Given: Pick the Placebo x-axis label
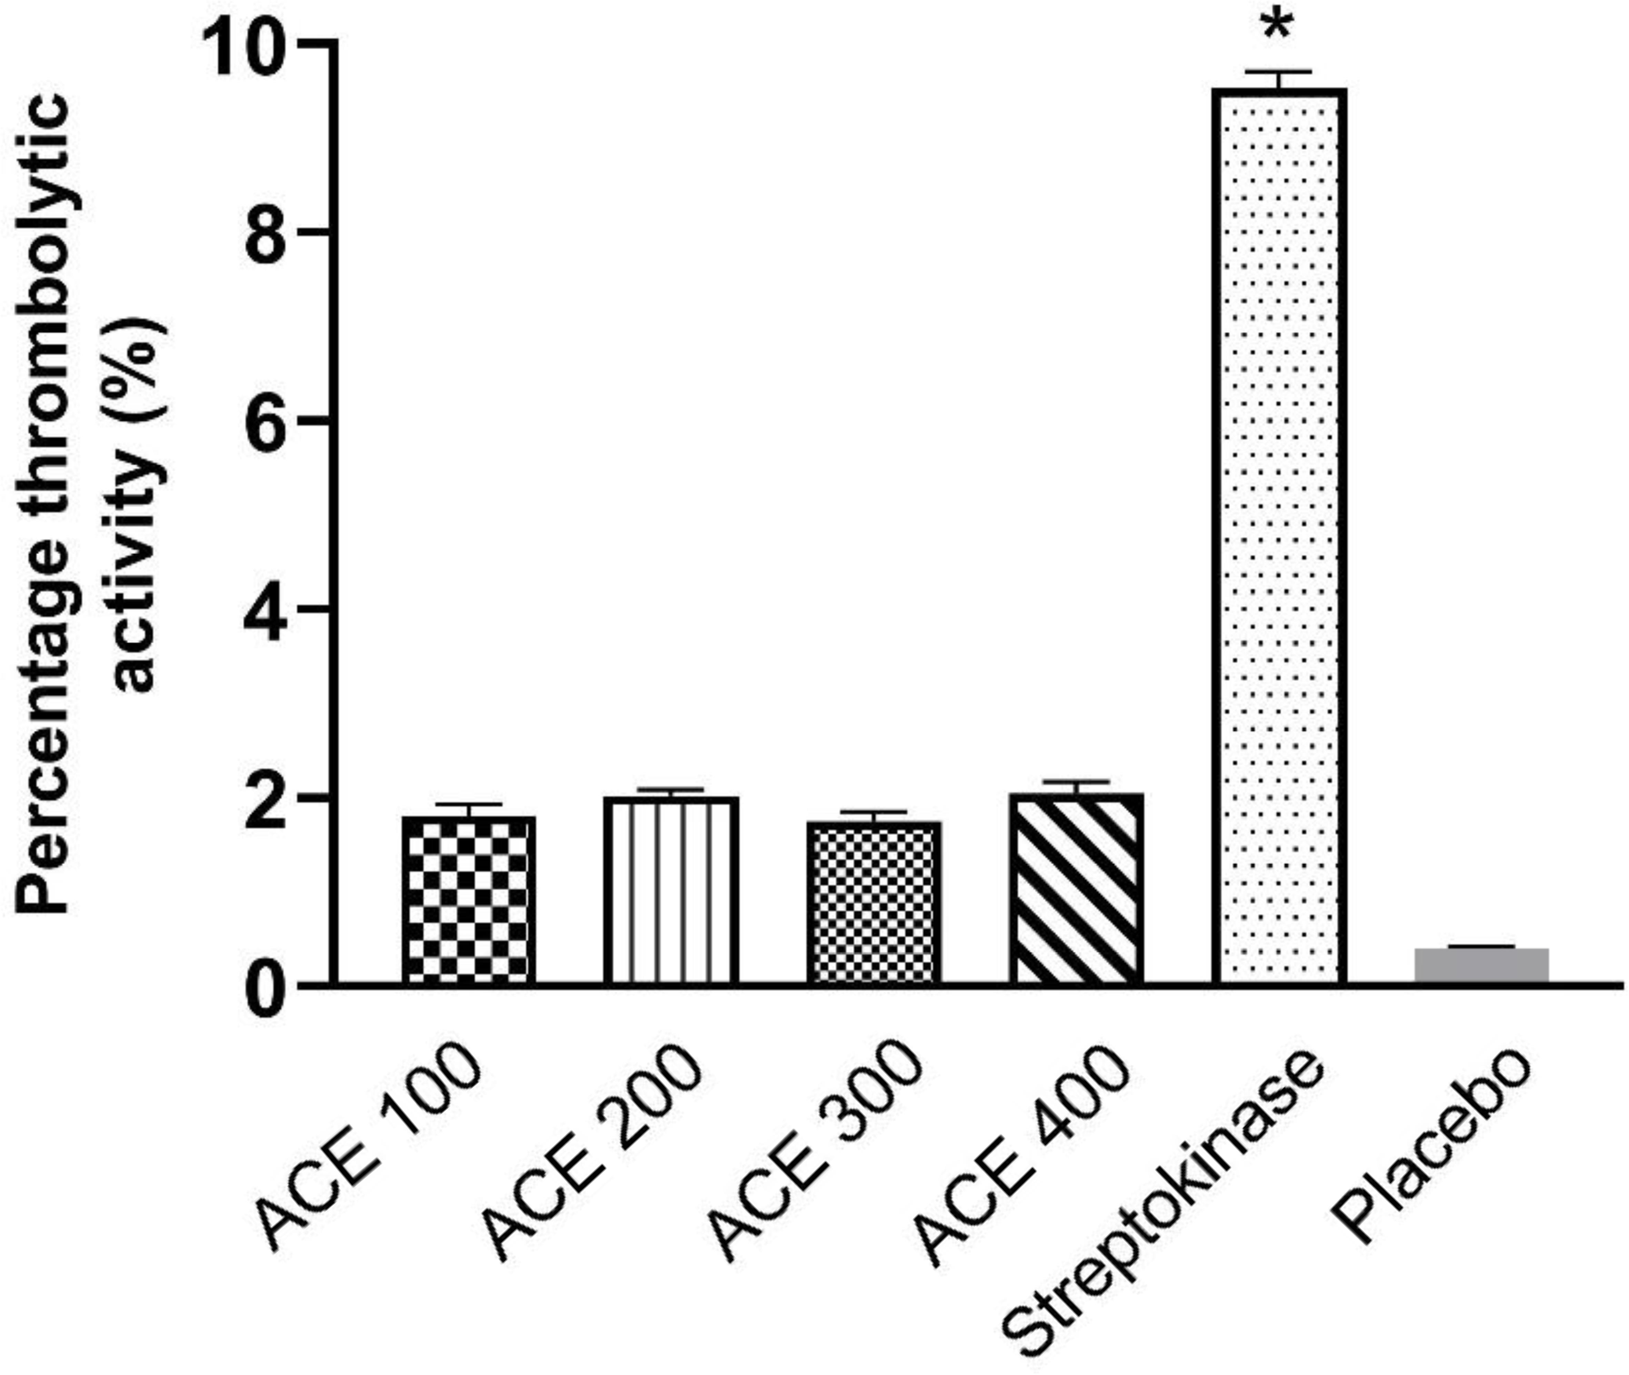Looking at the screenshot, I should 1430,1146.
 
